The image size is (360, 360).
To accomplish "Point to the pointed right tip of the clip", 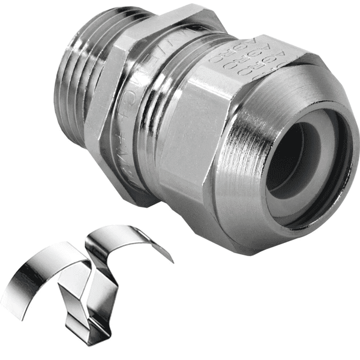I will pyautogui.click(x=172, y=261).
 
